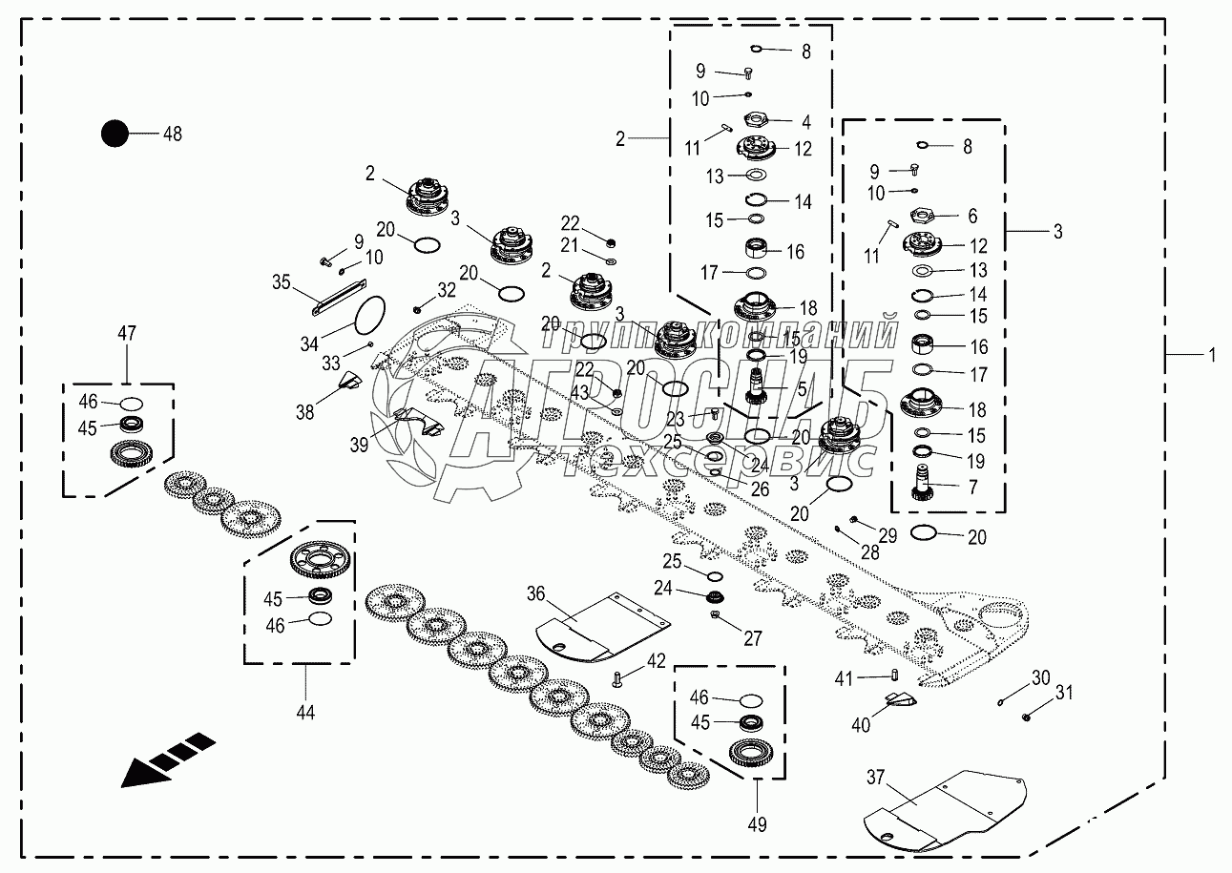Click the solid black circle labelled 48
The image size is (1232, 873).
[115, 134]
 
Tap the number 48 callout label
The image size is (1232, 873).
[172, 134]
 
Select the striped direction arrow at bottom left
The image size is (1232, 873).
[168, 759]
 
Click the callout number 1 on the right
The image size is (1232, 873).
[1212, 355]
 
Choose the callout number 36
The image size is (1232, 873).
[535, 593]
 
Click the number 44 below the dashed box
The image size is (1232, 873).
[304, 712]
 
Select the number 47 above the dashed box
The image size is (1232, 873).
[127, 333]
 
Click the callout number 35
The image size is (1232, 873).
[281, 281]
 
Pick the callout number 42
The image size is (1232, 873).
[657, 660]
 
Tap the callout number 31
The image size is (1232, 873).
[1063, 694]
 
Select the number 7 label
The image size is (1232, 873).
[972, 488]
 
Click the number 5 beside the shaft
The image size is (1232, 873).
[802, 388]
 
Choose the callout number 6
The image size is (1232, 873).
[972, 217]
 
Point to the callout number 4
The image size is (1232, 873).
[806, 122]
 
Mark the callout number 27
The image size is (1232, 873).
[753, 638]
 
